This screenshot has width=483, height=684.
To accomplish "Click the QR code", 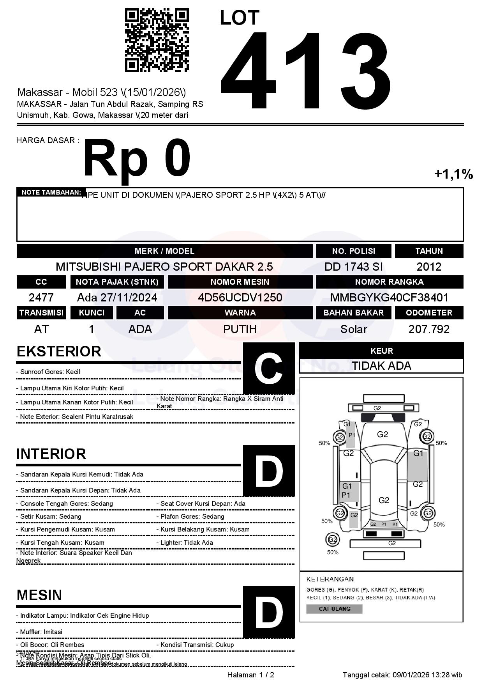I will click(x=157, y=41).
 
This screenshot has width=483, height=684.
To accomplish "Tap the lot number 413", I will click(x=306, y=70).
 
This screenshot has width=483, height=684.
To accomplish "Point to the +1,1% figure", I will click(x=453, y=174).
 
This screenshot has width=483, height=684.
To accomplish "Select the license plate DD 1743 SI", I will click(x=353, y=267).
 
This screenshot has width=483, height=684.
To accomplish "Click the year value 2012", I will click(x=429, y=267).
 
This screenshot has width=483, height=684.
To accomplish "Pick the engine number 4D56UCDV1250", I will click(x=240, y=298).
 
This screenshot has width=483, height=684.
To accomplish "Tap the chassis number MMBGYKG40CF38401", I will click(x=390, y=298).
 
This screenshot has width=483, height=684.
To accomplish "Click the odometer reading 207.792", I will click(x=429, y=329).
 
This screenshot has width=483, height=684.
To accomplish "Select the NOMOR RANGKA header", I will click(x=390, y=282).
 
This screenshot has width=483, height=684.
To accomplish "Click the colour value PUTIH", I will click(x=240, y=329).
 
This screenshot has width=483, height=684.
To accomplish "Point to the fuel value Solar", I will click(x=353, y=329).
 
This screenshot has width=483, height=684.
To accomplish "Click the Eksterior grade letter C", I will click(x=269, y=369).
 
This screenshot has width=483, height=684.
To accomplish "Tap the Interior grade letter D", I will click(x=269, y=471).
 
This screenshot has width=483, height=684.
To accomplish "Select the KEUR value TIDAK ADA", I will click(x=381, y=366).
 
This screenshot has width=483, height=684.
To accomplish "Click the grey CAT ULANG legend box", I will click(x=334, y=609).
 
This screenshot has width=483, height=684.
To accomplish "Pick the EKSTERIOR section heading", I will click(x=59, y=351).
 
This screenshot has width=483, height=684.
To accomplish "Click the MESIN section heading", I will click(x=39, y=595).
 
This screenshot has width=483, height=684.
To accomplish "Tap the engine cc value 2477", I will click(x=41, y=298).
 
